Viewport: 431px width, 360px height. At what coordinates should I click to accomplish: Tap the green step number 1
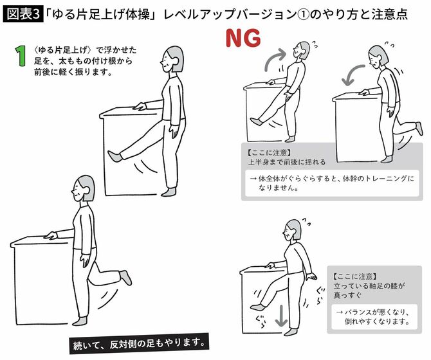click(22, 56)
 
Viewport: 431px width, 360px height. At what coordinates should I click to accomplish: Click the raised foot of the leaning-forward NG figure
click(418, 128)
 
